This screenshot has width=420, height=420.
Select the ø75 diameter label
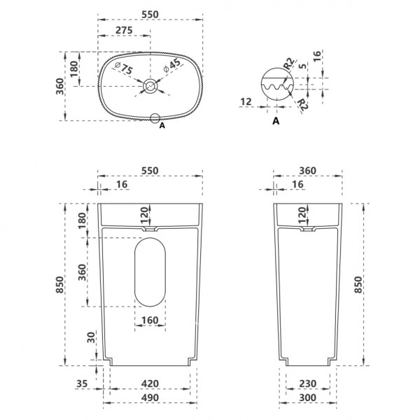coord(124,69)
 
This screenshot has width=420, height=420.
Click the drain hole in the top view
coord(150,86)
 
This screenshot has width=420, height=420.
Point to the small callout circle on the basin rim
coord(155,118)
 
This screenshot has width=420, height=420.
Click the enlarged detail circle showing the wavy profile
coord(275,86)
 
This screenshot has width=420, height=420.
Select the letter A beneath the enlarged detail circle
coord(275,121)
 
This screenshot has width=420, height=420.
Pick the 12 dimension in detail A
coord(245,102)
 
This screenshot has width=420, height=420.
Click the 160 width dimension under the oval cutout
coord(149,321)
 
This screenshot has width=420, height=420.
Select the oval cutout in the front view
coord(149,272)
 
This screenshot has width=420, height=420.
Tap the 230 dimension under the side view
coord(307,384)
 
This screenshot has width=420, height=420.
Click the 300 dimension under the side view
coord(307,398)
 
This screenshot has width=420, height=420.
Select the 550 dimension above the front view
coord(149,171)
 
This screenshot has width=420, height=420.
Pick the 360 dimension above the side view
coord(307,171)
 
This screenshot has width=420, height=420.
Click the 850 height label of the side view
coord(358,284)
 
